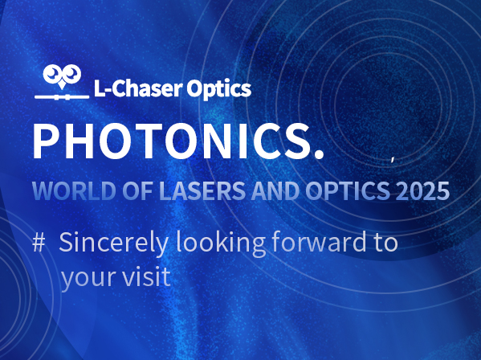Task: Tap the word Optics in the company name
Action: pyautogui.click(x=218, y=89)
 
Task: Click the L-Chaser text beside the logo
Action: pyautogui.click(x=138, y=88)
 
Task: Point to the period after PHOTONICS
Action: pyautogui.click(x=319, y=154)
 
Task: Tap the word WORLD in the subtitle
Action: pyautogui.click(x=74, y=191)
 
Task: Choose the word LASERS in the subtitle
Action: pyautogui.click(x=202, y=191)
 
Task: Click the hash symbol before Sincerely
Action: pyautogui.click(x=39, y=243)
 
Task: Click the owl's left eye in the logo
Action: pyautogui.click(x=53, y=73)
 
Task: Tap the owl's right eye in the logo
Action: pyautogui.click(x=71, y=73)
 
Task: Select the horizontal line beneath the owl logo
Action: pyautogui.click(x=62, y=97)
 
